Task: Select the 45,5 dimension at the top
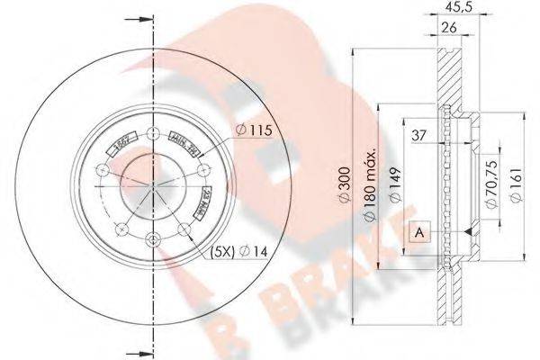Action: click(466, 10)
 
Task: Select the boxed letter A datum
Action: click(419, 231)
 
